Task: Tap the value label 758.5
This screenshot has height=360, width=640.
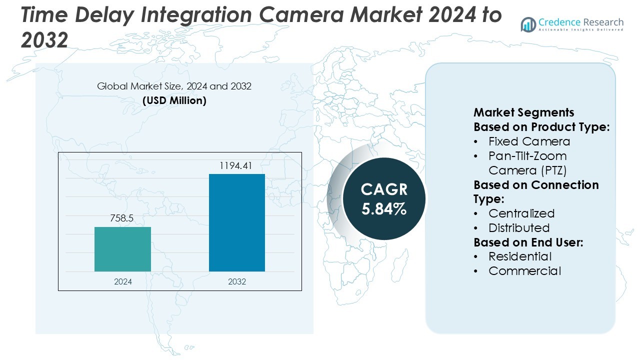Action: tap(122, 218)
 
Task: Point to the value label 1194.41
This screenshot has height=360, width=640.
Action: tap(236, 165)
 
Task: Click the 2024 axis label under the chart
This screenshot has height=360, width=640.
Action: tap(123, 281)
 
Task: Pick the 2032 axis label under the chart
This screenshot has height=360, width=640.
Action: tap(237, 281)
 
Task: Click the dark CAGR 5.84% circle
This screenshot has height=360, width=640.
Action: tap(384, 198)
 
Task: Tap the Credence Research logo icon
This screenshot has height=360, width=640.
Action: tap(528, 24)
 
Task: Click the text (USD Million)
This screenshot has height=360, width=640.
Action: tap(174, 100)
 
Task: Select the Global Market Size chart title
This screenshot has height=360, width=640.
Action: tap(174, 86)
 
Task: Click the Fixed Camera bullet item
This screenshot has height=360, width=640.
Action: tap(529, 141)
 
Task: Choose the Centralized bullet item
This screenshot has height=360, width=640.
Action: tap(521, 213)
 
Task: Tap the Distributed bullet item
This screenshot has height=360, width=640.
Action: tap(519, 228)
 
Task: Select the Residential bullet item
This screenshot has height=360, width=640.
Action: tap(520, 256)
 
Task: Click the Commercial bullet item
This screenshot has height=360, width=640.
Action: tap(524, 271)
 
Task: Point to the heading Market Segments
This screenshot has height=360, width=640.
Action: tap(523, 112)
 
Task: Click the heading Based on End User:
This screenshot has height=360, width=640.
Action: tap(528, 242)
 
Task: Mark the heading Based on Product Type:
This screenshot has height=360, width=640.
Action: tap(541, 127)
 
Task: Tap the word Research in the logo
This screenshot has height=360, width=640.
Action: tap(602, 22)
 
